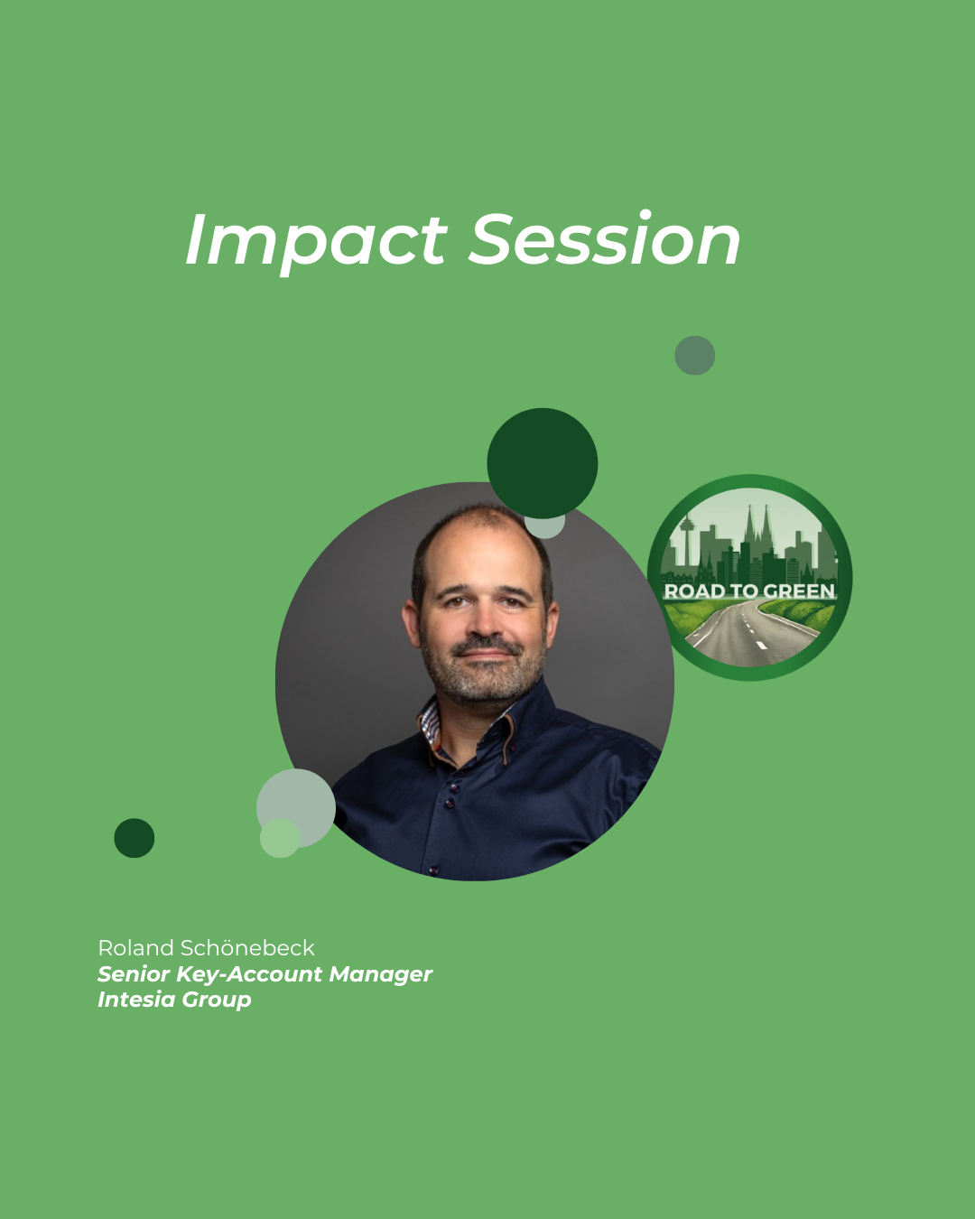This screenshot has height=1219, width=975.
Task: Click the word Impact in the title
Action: click(x=316, y=241)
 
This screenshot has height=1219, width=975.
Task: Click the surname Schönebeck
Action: click(x=247, y=948)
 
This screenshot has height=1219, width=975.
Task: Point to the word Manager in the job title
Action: click(x=381, y=974)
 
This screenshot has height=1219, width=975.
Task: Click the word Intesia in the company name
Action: click(x=136, y=1000)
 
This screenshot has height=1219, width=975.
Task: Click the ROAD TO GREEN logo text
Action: click(x=749, y=591)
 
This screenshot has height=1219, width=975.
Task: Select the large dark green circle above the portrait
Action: click(x=543, y=463)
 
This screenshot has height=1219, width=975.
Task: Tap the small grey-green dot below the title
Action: click(x=694, y=355)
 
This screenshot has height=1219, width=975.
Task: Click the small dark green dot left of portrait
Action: click(x=135, y=838)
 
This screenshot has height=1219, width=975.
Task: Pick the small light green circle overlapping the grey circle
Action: click(x=280, y=838)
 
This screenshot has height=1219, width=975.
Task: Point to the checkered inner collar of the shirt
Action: click(x=430, y=722)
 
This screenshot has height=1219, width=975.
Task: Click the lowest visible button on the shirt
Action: click(x=433, y=870)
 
